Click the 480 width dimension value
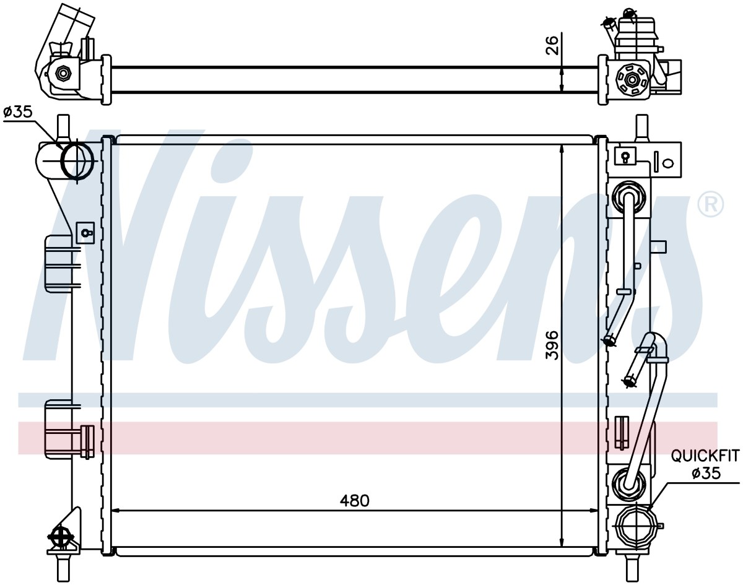click(354, 501)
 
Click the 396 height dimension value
click(552, 345)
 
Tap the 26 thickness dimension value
click(553, 45)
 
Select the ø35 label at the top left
click(18, 112)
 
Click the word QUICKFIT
click(705, 456)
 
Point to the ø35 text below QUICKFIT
click(706, 473)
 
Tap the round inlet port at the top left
click(77, 161)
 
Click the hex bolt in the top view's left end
click(63, 74)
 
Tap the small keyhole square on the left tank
click(85, 232)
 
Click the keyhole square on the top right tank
click(625, 157)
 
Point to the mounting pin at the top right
click(641, 128)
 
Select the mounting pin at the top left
click(63, 129)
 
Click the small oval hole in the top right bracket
click(669, 163)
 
